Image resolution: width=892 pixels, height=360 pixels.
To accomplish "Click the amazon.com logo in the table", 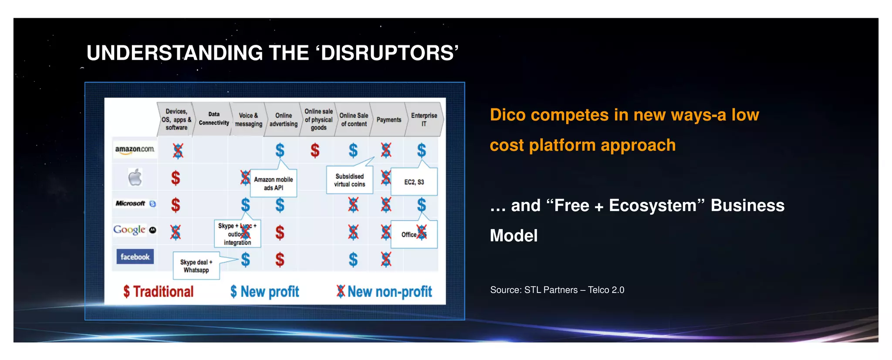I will pyautogui.click(x=135, y=149).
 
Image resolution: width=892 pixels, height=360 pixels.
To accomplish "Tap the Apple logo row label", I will pyautogui.click(x=135, y=177).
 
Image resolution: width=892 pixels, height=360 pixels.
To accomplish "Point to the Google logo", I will pyautogui.click(x=130, y=229).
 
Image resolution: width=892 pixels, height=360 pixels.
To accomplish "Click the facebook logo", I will pyautogui.click(x=135, y=257).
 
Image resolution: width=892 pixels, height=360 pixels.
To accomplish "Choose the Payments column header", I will pyautogui.click(x=389, y=120).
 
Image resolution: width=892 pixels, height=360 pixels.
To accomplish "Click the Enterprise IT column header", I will pyautogui.click(x=424, y=119).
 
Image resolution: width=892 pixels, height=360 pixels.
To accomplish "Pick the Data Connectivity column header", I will pyautogui.click(x=214, y=119).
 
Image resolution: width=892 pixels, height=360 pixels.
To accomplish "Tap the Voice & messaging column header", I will pyautogui.click(x=248, y=119).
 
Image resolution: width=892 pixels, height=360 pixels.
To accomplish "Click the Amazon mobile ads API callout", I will pyautogui.click(x=274, y=183).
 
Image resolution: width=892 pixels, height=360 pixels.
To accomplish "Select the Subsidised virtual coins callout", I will pyautogui.click(x=349, y=180).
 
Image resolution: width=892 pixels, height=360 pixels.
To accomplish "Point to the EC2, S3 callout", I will pyautogui.click(x=414, y=182).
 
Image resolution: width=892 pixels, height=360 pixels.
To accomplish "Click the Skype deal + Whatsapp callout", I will pyautogui.click(x=196, y=266).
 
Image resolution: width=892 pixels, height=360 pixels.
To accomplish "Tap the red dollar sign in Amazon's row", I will pyautogui.click(x=315, y=151).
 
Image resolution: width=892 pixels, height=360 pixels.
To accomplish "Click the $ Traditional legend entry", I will pyautogui.click(x=159, y=292).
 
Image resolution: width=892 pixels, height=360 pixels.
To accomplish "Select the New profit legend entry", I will pyautogui.click(x=265, y=292).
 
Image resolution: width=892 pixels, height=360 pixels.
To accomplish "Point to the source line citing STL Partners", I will pyautogui.click(x=557, y=290).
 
